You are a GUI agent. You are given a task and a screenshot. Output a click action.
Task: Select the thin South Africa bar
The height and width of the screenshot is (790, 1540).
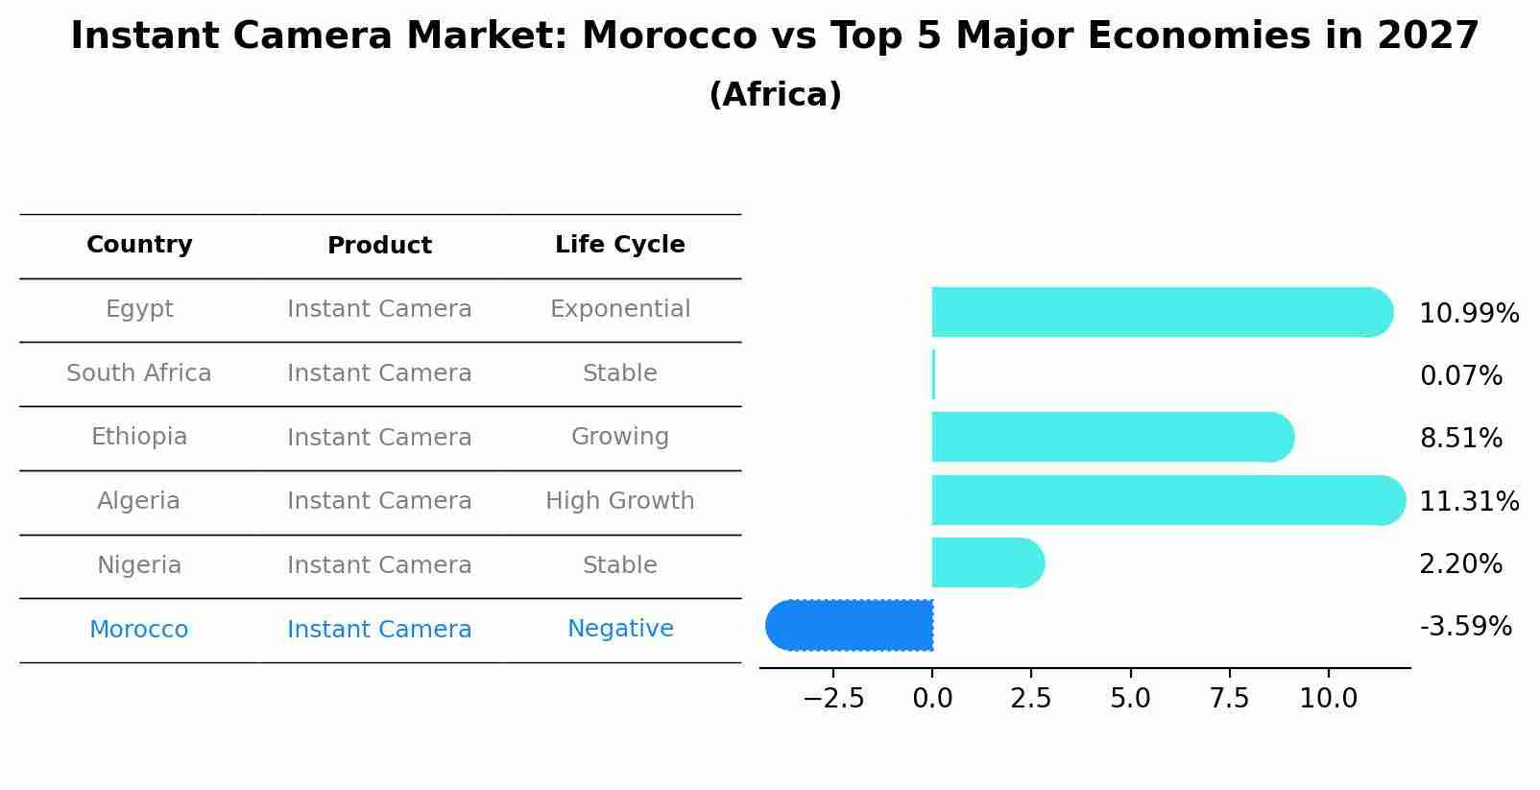[x=933, y=374]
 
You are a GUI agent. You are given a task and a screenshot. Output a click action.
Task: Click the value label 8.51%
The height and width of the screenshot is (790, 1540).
[x=1460, y=439]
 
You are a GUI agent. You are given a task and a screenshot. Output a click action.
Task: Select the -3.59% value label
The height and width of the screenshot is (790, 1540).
[x=1465, y=627]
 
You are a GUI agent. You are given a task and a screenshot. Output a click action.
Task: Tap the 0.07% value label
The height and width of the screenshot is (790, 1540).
[x=1460, y=376]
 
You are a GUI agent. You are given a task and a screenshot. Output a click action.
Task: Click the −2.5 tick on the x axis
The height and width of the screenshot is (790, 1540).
[x=832, y=699]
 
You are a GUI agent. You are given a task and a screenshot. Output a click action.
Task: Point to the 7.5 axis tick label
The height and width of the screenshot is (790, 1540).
[x=1229, y=699]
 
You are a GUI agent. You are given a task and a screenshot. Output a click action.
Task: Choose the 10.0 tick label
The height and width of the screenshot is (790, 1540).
[x=1328, y=699]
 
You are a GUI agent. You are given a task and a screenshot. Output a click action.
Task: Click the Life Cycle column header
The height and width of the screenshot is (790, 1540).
[x=619, y=245]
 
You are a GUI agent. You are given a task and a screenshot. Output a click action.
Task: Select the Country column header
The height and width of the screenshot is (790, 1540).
[x=139, y=245]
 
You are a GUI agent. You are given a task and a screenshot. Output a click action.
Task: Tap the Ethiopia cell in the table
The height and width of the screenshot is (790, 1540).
[x=139, y=437]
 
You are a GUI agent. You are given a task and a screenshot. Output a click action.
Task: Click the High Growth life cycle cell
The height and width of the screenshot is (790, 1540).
[x=619, y=501]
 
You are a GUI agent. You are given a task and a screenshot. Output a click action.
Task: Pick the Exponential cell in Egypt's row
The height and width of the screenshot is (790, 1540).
[x=619, y=309]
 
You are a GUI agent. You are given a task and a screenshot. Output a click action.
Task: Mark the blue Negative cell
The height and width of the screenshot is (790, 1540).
[x=619, y=629]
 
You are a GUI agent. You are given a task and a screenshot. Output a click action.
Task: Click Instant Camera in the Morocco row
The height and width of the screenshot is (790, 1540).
[x=379, y=630]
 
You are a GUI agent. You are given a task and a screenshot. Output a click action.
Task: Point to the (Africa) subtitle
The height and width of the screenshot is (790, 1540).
[x=775, y=95]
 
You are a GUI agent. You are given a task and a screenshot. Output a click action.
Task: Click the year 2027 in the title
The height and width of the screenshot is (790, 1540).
[x=1428, y=36]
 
